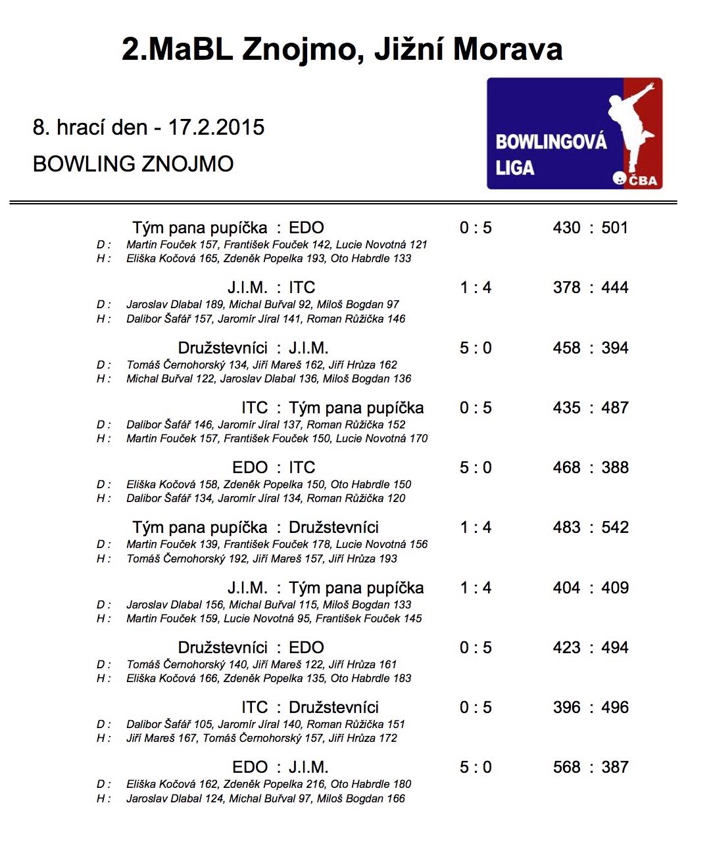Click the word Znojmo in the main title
point(302,49)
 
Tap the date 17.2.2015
point(216,127)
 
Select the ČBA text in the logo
point(643,180)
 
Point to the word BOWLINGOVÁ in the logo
point(551,142)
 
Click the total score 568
point(566,767)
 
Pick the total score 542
point(615,527)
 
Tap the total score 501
point(615,227)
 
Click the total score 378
point(566,287)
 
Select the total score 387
point(615,767)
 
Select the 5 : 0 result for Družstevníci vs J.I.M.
point(476,348)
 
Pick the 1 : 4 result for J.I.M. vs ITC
point(476,287)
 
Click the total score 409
point(615,587)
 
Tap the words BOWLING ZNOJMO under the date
point(133,164)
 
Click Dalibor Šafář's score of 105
point(203,724)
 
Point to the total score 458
point(566,348)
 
